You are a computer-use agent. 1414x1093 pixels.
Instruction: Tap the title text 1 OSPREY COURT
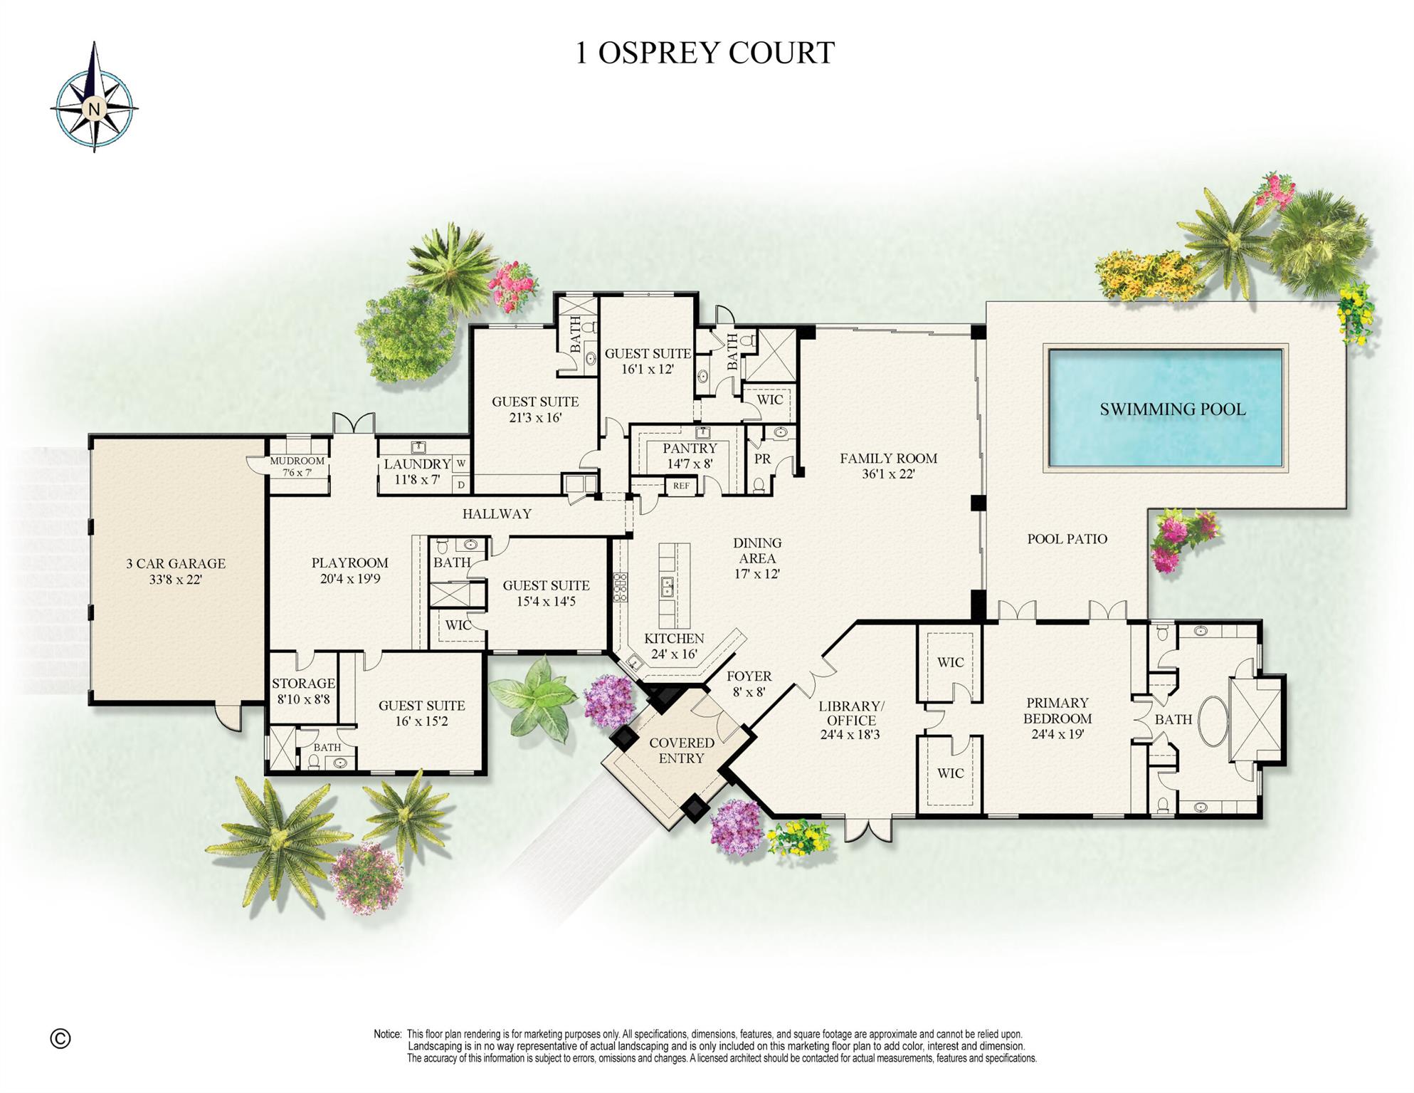(x=705, y=53)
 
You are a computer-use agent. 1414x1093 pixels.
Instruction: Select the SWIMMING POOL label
(x=1172, y=409)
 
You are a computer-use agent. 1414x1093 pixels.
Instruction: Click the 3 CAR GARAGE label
(x=176, y=563)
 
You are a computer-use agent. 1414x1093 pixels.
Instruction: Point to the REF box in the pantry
(x=681, y=486)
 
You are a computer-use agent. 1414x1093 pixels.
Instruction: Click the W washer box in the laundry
(x=461, y=464)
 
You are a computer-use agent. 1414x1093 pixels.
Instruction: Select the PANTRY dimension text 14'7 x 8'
(x=689, y=464)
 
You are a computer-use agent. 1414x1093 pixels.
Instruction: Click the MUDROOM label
(x=297, y=461)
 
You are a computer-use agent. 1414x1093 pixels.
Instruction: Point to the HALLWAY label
(x=497, y=513)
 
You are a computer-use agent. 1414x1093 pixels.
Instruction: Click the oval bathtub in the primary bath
(x=1213, y=721)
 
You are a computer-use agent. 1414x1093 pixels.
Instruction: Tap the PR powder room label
(x=762, y=459)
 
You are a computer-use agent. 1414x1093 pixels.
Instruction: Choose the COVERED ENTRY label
(x=681, y=751)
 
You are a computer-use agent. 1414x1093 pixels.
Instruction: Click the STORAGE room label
(x=303, y=684)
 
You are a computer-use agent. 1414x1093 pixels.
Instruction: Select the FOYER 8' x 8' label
(x=749, y=684)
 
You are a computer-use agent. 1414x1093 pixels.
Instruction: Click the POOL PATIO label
(x=1067, y=539)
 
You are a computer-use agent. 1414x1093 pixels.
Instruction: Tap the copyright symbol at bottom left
(x=60, y=1039)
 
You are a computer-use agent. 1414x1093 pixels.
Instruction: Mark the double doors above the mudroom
(x=354, y=424)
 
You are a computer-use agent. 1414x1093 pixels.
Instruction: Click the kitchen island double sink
(x=668, y=587)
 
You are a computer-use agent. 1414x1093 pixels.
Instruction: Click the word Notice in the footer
(x=388, y=1034)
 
